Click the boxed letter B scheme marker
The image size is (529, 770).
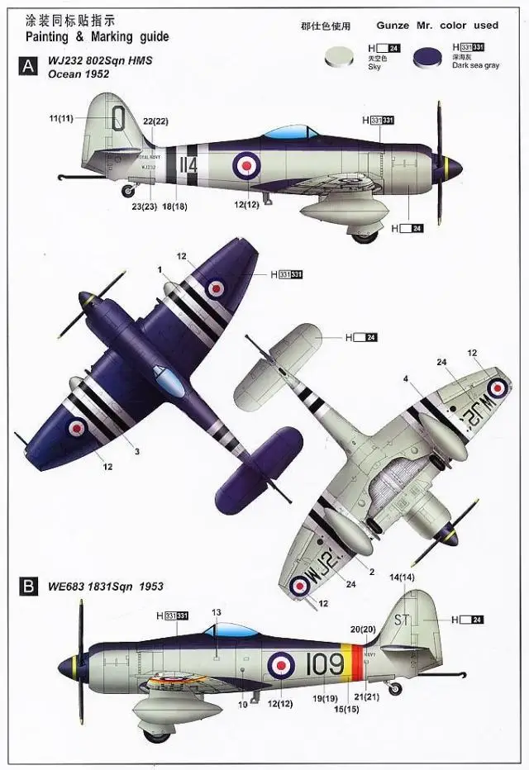click(27, 587)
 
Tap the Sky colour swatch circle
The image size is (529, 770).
click(339, 55)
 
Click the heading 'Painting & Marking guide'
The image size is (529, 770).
click(97, 37)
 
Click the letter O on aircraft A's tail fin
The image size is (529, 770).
click(119, 119)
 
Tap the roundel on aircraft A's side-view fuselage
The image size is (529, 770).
click(245, 165)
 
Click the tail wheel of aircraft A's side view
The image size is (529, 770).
click(128, 191)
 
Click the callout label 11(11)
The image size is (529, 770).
click(61, 119)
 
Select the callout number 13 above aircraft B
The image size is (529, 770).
click(216, 613)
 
